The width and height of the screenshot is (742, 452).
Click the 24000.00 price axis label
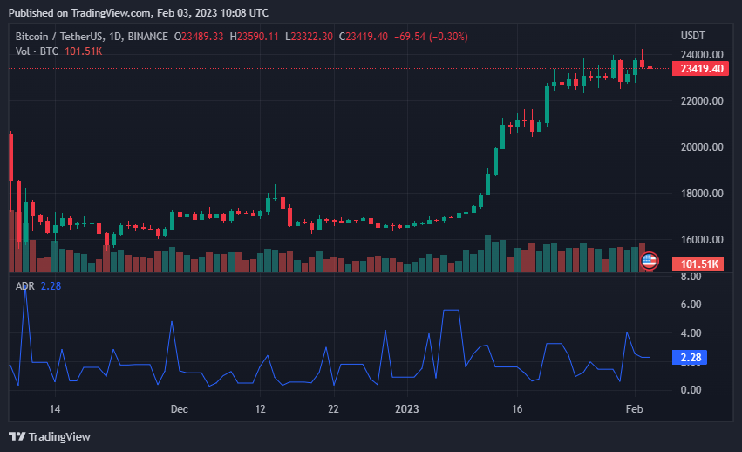[702, 55]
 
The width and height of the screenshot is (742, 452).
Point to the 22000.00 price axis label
[702, 101]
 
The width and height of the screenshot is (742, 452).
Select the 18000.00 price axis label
[702, 194]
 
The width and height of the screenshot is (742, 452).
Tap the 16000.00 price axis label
[702, 240]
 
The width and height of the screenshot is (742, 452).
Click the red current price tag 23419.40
[703, 69]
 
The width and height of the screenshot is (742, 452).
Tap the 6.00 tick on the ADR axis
[691, 305]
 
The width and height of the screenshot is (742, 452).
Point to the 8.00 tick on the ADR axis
[691, 277]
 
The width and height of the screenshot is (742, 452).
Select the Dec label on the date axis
[180, 408]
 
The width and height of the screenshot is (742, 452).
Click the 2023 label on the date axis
[406, 408]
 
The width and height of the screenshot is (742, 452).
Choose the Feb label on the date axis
[635, 408]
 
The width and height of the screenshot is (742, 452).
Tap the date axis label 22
[333, 408]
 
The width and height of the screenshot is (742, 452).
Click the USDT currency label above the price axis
[693, 35]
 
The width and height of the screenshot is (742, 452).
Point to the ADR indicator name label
[24, 284]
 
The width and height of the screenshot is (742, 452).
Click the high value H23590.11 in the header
[255, 37]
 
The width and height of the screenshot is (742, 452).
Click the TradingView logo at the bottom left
[50, 436]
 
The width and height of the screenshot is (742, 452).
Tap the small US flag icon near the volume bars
[650, 260]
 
